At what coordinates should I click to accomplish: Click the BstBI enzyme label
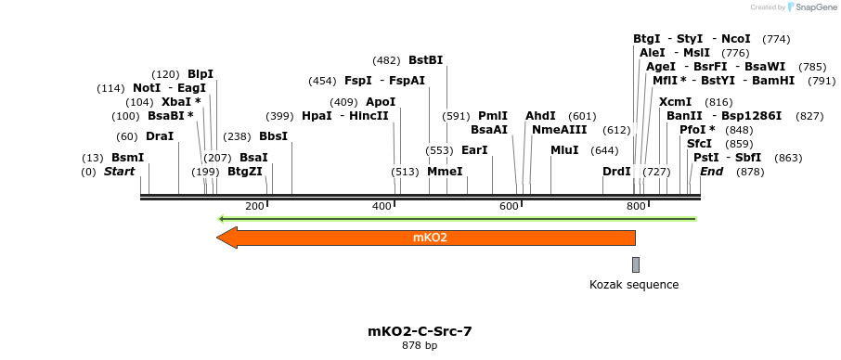point(426,60)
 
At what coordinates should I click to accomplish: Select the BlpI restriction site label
point(201,74)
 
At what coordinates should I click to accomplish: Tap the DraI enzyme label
point(160,136)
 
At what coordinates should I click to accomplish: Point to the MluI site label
point(564,150)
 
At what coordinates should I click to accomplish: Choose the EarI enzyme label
point(474,150)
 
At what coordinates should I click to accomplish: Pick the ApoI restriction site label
point(381,102)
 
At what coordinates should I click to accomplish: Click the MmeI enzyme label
point(445,172)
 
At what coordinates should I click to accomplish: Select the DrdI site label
point(616,172)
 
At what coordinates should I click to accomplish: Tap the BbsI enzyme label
point(273,136)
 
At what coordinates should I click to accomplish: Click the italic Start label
point(119,172)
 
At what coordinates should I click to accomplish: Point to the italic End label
point(712,172)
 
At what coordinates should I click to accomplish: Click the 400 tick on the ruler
point(382,206)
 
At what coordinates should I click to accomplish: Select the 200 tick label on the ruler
point(254,206)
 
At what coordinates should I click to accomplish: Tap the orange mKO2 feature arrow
point(426,238)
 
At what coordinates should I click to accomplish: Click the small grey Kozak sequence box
point(636,264)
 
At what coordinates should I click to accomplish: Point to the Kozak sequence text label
point(634,285)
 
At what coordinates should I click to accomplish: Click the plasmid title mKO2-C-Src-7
point(412,330)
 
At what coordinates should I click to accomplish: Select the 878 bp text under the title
point(420,345)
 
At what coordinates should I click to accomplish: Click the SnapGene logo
point(809,7)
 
